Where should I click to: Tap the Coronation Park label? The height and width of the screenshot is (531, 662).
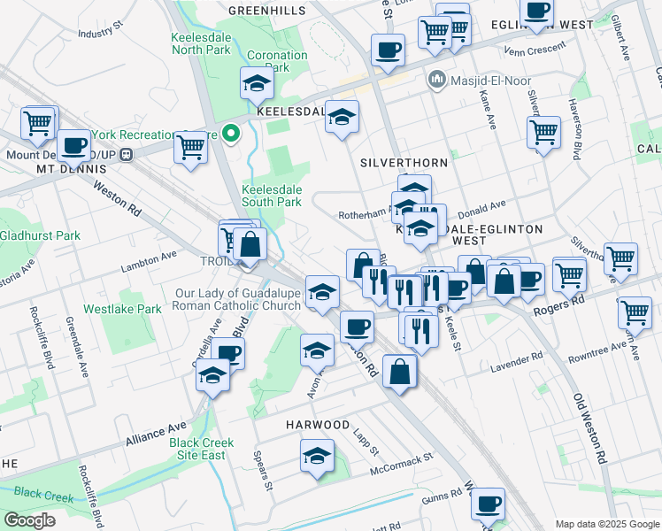(277, 61)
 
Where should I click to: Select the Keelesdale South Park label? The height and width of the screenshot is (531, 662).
(272, 196)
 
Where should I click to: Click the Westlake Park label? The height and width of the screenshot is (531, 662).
(123, 309)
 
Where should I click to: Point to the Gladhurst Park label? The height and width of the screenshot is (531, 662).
(41, 235)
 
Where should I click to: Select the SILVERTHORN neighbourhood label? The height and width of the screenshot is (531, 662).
(404, 163)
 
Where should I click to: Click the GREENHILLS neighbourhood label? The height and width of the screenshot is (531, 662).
(266, 11)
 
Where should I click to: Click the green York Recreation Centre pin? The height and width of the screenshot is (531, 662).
(231, 135)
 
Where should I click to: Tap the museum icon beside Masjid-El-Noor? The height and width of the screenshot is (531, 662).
(435, 81)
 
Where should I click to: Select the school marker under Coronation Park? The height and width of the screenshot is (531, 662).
(257, 83)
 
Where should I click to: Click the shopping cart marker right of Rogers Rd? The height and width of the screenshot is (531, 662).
(635, 311)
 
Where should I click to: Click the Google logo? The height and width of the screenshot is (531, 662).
(30, 520)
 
